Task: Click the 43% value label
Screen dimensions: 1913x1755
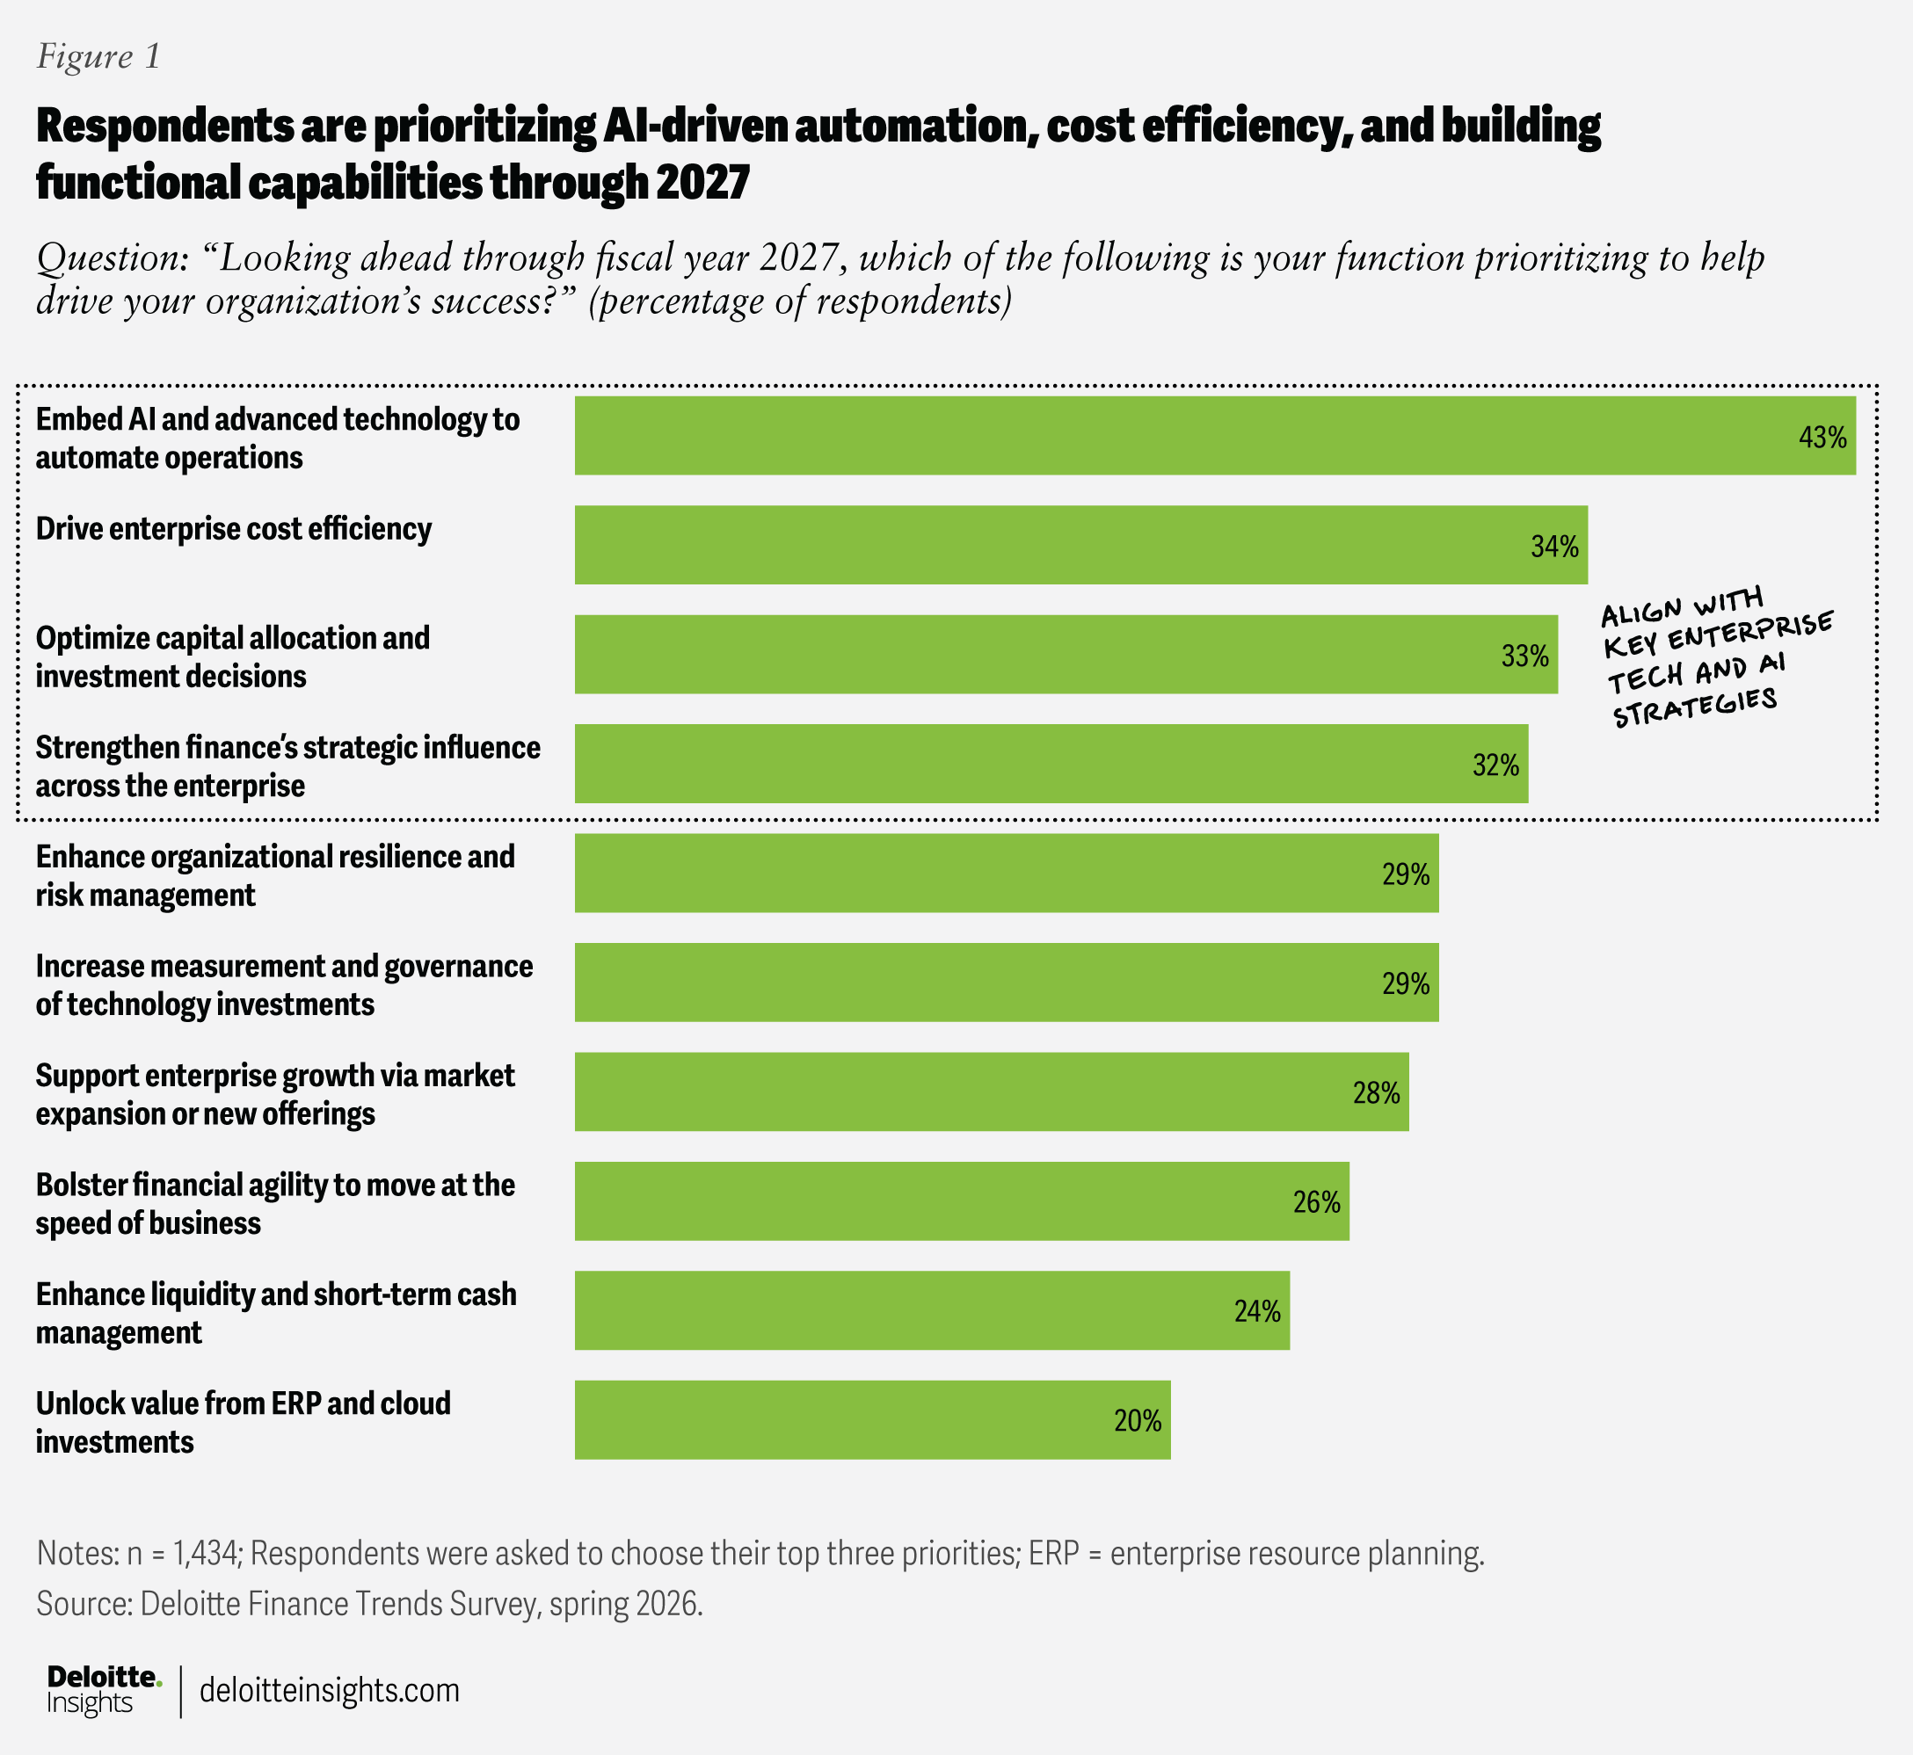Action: point(1822,437)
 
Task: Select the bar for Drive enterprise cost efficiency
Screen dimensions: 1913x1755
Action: point(1081,545)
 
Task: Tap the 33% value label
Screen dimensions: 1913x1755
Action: point(1524,656)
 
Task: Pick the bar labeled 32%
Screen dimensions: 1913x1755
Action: point(1051,764)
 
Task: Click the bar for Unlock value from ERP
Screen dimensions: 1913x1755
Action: point(873,1420)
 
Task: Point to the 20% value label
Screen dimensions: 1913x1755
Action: point(1138,1421)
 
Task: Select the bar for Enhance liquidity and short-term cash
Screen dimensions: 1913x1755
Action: point(932,1310)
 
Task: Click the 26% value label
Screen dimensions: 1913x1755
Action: point(1316,1202)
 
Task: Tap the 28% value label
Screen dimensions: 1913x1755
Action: point(1377,1093)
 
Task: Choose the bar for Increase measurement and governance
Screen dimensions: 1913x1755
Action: point(1007,982)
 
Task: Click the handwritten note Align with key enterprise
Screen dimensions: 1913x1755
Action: point(1716,657)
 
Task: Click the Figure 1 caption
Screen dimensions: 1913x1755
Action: point(98,57)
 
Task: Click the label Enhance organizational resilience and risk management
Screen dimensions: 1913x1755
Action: point(275,875)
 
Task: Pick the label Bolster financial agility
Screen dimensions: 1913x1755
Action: point(275,1203)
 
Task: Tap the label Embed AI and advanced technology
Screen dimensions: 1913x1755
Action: point(277,438)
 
